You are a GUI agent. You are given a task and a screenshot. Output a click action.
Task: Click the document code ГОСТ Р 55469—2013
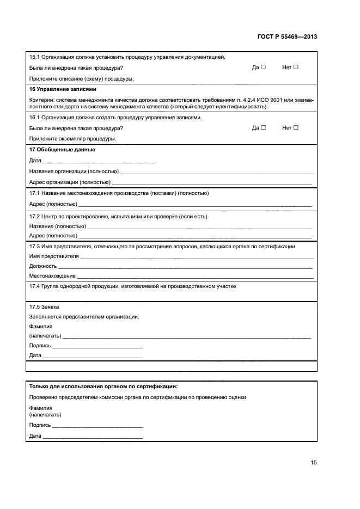tap(286, 37)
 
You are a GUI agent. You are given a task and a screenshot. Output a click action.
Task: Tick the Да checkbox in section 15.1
tap(263, 68)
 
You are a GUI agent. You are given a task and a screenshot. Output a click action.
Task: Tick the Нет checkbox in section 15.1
tap(296, 68)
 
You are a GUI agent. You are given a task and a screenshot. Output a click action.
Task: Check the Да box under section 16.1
tap(263, 128)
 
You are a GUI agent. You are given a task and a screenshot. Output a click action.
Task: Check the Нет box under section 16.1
tap(296, 128)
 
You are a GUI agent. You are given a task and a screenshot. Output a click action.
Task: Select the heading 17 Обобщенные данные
tap(62, 150)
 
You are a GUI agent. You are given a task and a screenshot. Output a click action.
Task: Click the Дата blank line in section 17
tap(98, 162)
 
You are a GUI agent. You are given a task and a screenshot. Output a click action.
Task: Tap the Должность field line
tap(185, 267)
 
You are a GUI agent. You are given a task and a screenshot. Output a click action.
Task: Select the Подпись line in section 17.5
tap(97, 346)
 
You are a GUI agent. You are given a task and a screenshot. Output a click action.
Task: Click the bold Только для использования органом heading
tap(103, 386)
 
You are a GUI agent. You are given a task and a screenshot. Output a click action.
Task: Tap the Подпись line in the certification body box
tap(97, 426)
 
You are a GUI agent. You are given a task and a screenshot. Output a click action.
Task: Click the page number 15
tap(314, 463)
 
